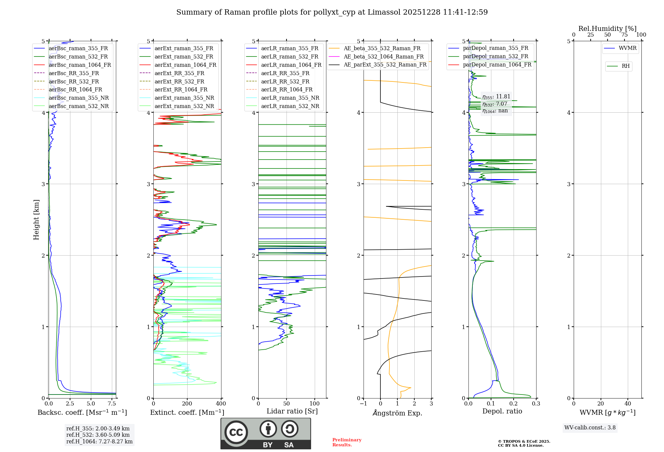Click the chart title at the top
(332, 12)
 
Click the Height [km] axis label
(36, 219)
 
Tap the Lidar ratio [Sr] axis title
(292, 411)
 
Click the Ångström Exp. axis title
(397, 413)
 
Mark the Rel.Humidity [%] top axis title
(607, 29)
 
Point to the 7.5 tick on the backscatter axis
(112, 404)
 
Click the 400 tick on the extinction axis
(221, 404)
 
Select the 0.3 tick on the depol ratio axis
(536, 404)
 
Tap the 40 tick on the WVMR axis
(627, 404)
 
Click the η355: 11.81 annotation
(496, 97)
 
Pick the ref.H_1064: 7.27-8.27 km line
(99, 441)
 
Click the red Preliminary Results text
(347, 442)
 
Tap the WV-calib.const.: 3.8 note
(590, 428)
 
